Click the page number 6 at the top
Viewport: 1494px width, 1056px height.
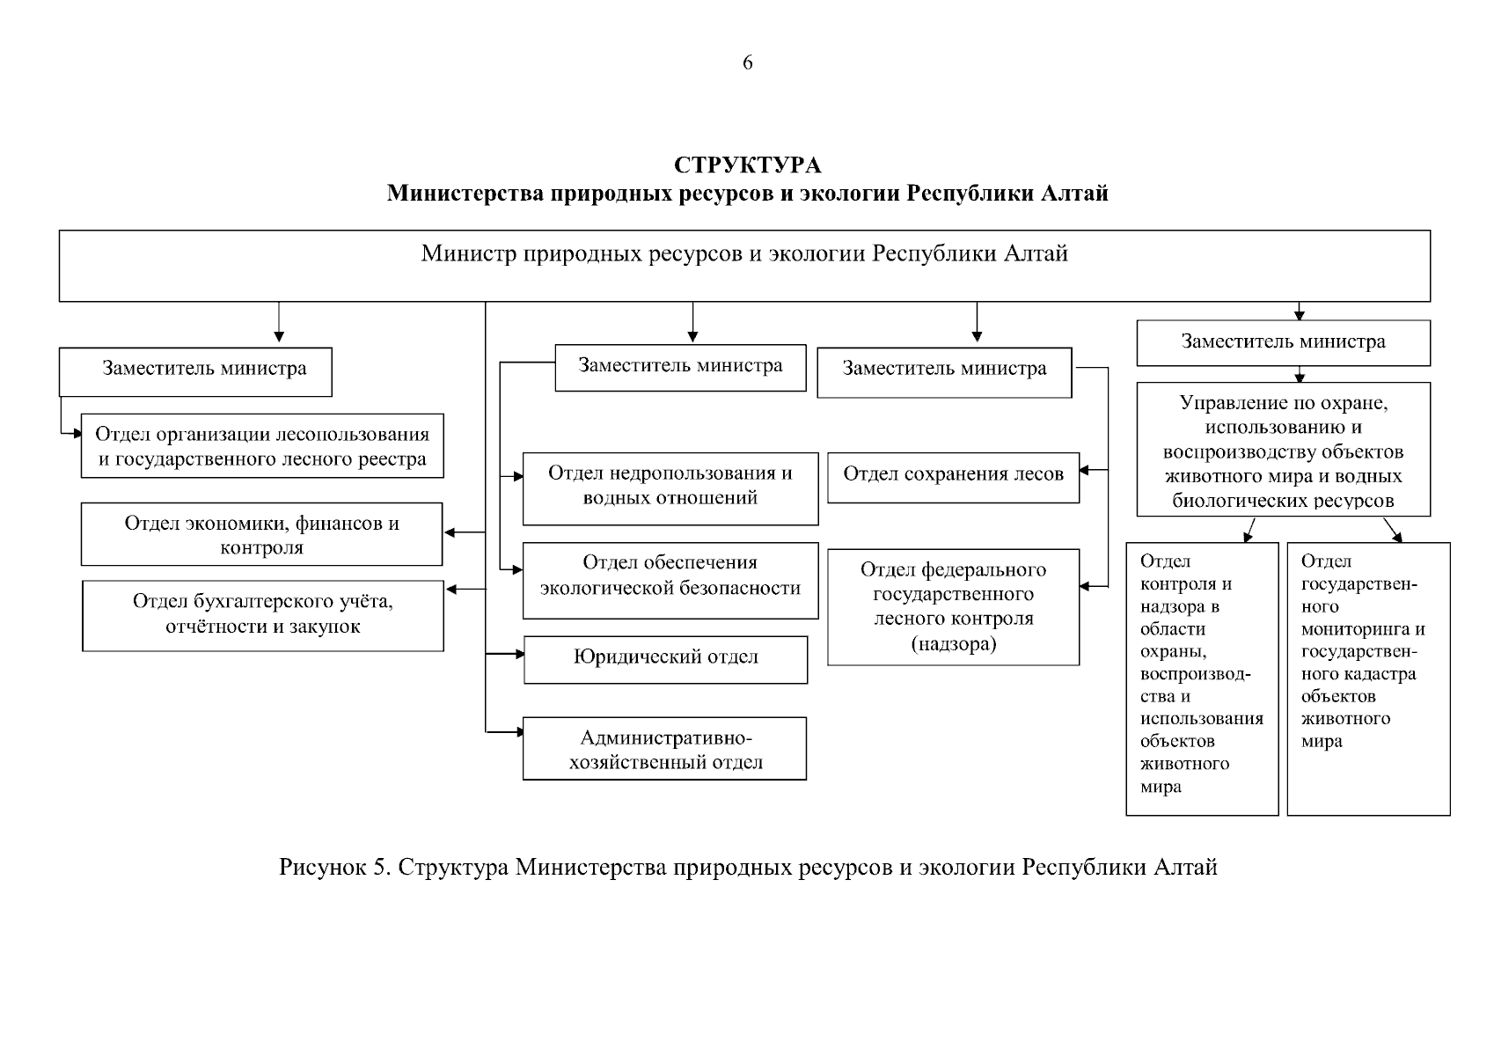[x=747, y=62]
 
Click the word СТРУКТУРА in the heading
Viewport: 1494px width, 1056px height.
[x=747, y=165]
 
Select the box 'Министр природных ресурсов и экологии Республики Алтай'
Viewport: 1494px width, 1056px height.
[x=744, y=265]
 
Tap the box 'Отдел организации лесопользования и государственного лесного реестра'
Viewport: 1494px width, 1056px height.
[x=262, y=446]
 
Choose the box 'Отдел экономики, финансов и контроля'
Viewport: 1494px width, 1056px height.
[x=261, y=534]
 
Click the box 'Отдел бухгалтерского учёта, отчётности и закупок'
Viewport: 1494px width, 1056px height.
[x=262, y=614]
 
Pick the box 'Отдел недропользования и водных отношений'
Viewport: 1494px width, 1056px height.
[x=670, y=488]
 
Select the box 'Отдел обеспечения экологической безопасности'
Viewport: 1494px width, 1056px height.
[x=670, y=580]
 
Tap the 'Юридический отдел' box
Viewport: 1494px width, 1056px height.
[x=665, y=659]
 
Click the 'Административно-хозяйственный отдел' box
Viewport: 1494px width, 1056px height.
[x=664, y=748]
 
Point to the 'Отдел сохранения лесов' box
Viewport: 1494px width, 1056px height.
[x=953, y=477]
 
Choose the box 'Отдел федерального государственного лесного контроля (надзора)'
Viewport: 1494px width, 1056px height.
[x=953, y=606]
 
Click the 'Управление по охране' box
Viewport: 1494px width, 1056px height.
[x=1283, y=449]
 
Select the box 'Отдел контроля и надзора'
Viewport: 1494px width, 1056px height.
[x=1202, y=678]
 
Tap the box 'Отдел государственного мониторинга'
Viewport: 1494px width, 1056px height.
[x=1367, y=678]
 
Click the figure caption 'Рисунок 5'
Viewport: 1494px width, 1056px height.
[x=748, y=868]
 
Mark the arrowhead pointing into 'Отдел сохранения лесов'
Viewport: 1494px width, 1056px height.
[x=1085, y=471]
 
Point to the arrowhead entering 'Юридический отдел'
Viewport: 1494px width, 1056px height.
[x=519, y=654]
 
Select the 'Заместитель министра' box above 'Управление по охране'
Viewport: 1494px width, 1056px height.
[x=1283, y=342]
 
